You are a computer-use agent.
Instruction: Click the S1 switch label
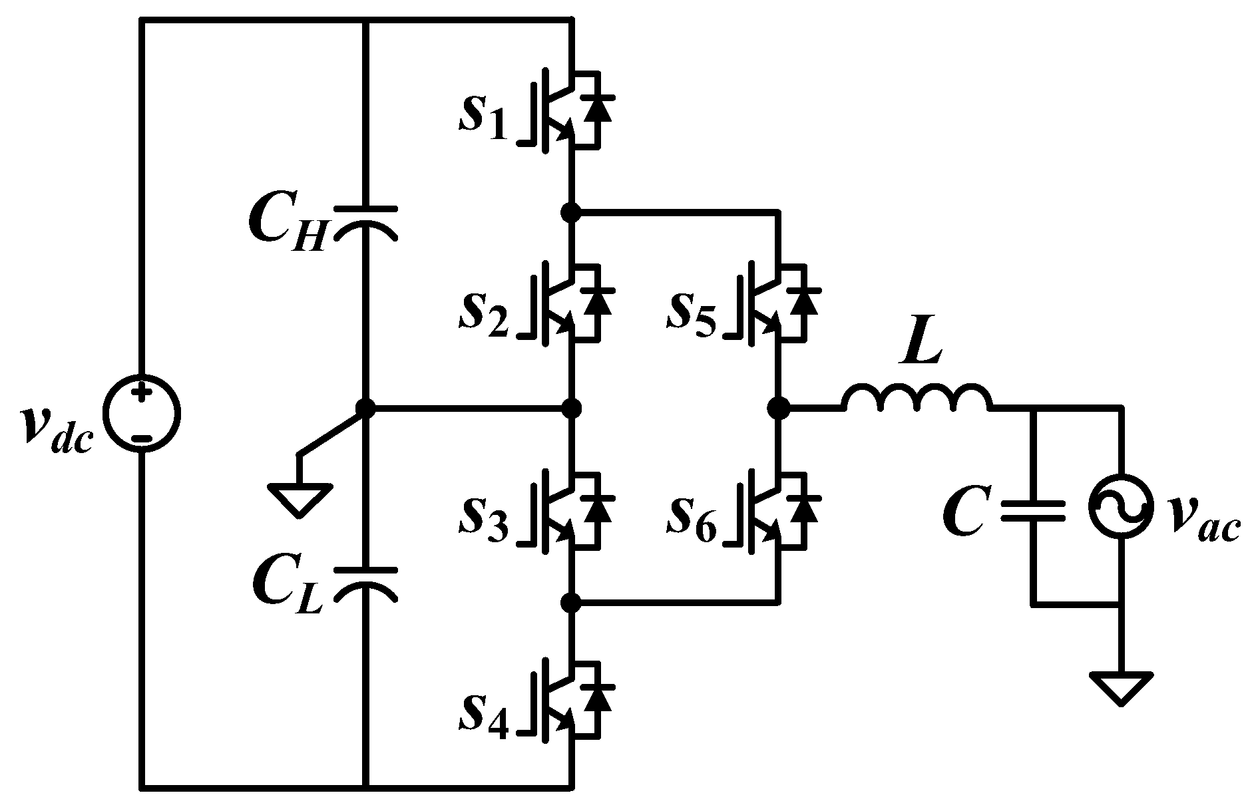tap(483, 118)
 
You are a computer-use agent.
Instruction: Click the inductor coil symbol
tap(916, 398)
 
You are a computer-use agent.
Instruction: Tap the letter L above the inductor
tap(921, 345)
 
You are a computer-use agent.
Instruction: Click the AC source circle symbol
tap(1120, 506)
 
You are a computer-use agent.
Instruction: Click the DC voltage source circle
tap(141, 412)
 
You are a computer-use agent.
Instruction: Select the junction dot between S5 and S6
tap(778, 406)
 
